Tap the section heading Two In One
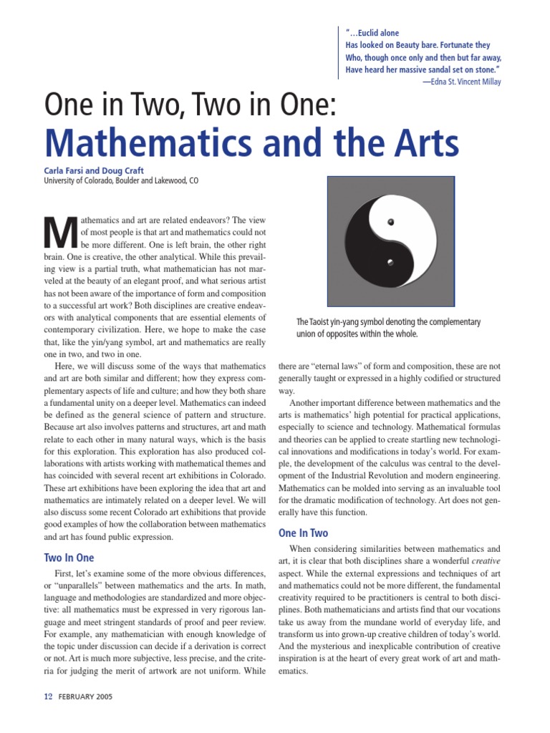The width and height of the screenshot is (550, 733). (69, 558)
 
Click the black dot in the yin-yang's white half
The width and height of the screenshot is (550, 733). (390, 223)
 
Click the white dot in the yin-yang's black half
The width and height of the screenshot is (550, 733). (390, 262)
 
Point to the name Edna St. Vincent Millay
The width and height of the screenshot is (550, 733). (465, 82)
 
